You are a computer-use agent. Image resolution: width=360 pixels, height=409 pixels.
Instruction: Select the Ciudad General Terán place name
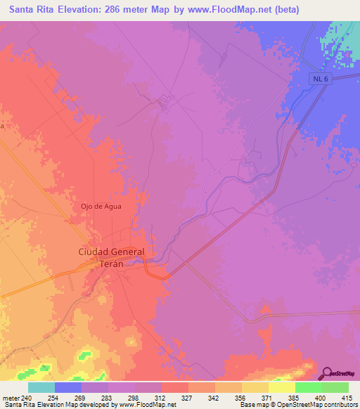(x=111, y=257)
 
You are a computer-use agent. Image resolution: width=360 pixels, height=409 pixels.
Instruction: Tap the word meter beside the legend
(x=11, y=397)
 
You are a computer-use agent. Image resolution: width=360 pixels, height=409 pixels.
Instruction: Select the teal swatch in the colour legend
(x=41, y=387)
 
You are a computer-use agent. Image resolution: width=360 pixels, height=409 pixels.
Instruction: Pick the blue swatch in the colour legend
(x=68, y=387)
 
